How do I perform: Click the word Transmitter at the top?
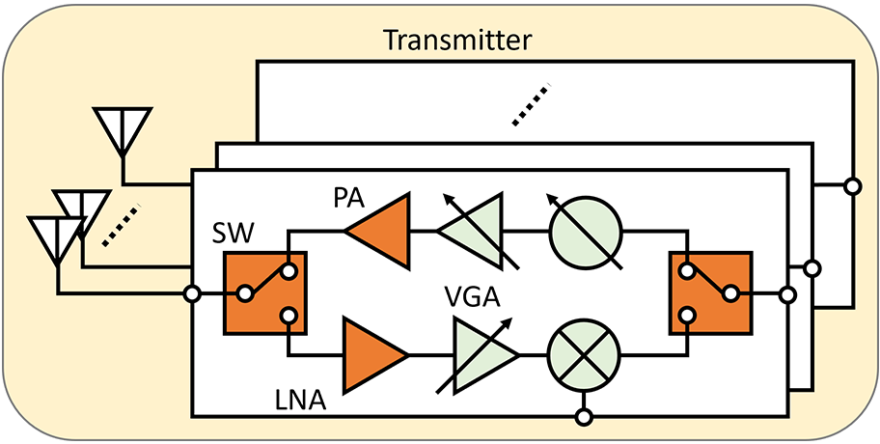click(458, 41)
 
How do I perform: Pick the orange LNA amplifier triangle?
click(374, 355)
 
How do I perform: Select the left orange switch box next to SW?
click(265, 292)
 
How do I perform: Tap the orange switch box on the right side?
click(710, 292)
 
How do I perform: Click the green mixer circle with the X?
click(584, 354)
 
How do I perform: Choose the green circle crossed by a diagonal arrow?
click(584, 232)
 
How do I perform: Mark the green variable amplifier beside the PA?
click(476, 232)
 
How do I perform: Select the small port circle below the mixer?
click(583, 417)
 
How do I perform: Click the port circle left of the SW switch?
click(193, 292)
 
